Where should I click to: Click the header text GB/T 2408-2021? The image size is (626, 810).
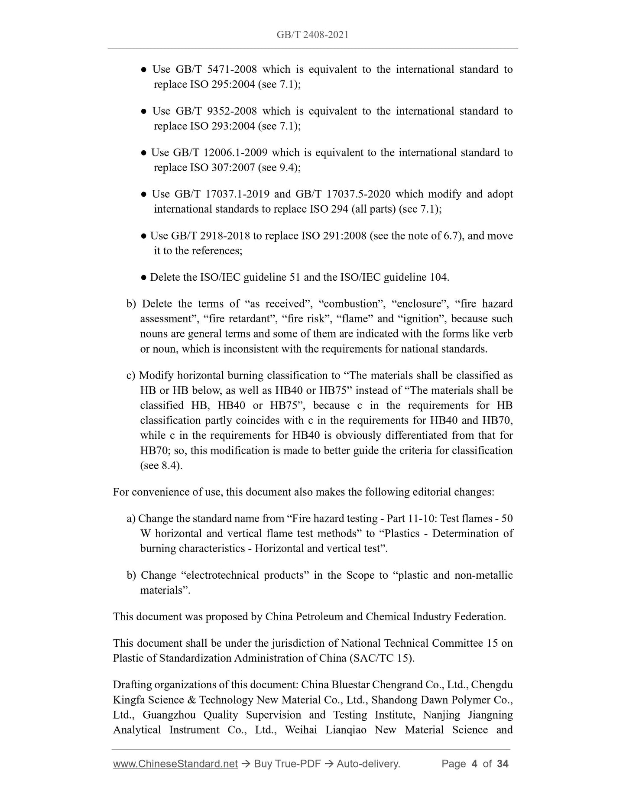312,35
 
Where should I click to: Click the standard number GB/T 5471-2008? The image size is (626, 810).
216,69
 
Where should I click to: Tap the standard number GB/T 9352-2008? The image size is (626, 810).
216,111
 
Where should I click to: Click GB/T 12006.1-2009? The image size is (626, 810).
220,152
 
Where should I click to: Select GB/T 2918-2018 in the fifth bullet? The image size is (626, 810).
211,236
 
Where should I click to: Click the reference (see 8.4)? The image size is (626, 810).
161,466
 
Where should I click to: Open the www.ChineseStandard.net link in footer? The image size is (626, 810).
175,764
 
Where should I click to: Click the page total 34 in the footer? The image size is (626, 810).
503,764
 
